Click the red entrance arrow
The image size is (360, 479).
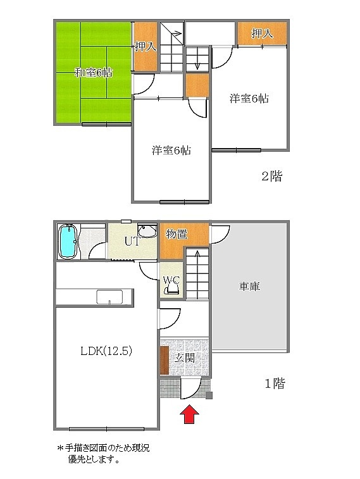189,414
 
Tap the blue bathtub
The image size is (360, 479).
68,242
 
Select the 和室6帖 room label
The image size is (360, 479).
94,73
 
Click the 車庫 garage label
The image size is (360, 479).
249,287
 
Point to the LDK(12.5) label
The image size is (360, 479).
106,351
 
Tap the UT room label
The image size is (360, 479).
132,241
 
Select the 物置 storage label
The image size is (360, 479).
177,235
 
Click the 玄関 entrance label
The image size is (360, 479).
185,358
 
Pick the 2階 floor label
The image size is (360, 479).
272,177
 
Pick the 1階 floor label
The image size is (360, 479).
275,383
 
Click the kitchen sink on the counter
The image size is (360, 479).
109,297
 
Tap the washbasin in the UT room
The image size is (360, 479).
147,231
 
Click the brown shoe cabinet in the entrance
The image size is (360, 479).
164,361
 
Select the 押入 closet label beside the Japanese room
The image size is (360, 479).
146,47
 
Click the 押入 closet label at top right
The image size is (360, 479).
263,34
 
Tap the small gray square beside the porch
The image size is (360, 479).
209,396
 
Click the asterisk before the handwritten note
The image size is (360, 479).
60,448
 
